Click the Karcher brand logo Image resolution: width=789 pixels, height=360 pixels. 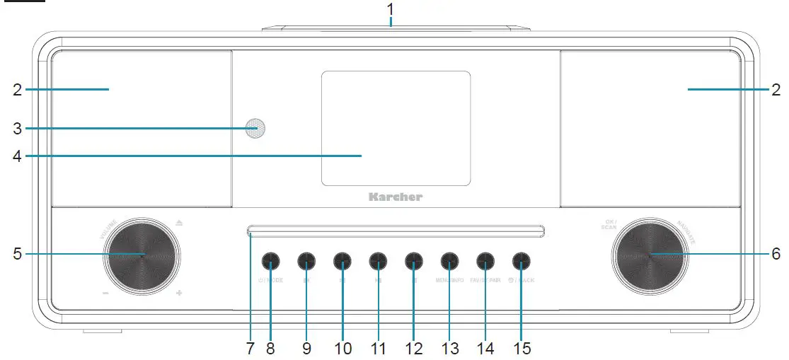coord(395,197)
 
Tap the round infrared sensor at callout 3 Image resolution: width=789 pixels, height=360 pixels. coord(255,128)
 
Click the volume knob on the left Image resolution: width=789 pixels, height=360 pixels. coord(141,255)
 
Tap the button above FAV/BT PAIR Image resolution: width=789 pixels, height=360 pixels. coord(485,262)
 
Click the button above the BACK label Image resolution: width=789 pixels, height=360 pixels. coord(521,262)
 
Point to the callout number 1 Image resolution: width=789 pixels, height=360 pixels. coord(390,10)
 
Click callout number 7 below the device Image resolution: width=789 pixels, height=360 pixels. coord(250,348)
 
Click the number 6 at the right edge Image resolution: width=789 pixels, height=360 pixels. coord(776,253)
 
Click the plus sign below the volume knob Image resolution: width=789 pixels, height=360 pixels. coord(179,293)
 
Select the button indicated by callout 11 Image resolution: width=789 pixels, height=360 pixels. coord(378,262)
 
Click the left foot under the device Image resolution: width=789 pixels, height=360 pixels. coord(101,331)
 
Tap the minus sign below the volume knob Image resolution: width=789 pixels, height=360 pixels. coord(105,293)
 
